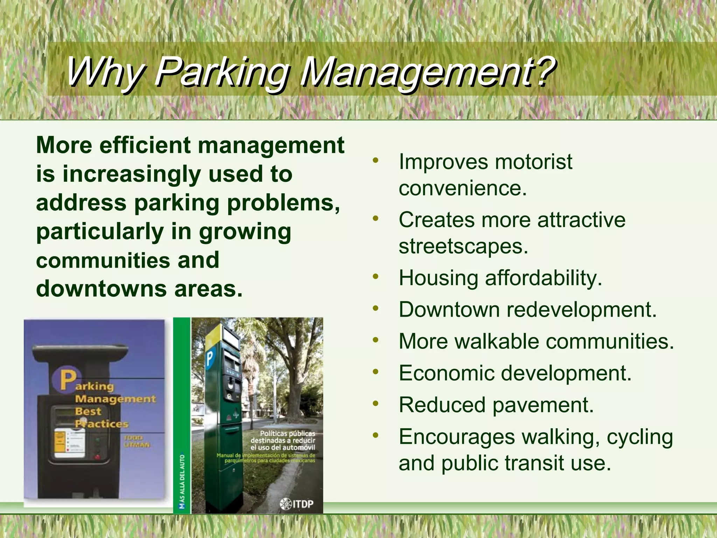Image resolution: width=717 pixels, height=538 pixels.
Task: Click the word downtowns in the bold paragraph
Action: (x=102, y=289)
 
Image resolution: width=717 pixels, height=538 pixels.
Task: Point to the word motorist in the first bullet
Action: (x=534, y=162)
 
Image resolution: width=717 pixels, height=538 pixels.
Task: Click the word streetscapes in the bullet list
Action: (x=463, y=247)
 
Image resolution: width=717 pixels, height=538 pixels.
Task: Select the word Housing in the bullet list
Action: (x=438, y=278)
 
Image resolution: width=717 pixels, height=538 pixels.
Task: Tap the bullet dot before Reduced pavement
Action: (x=376, y=404)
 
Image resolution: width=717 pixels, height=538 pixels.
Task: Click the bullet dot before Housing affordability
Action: (x=376, y=277)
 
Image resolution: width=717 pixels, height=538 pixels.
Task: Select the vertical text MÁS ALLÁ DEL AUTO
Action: (x=182, y=481)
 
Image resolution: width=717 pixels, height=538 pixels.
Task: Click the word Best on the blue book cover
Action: (x=88, y=411)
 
